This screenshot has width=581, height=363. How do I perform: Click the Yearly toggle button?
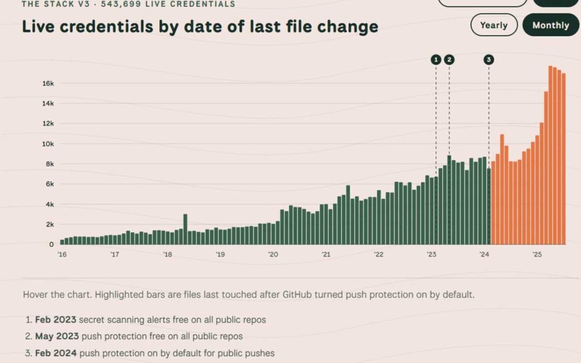point(494,25)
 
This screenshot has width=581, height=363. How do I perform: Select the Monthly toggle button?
point(550,25)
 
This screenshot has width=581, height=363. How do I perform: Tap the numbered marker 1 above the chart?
point(436,60)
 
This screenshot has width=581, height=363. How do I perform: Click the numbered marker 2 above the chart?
point(449,60)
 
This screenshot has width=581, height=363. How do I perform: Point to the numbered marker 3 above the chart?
point(489,60)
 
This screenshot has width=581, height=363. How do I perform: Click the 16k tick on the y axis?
point(48,83)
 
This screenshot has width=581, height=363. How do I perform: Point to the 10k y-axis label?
point(48,144)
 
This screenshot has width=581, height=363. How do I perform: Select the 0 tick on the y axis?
point(51,244)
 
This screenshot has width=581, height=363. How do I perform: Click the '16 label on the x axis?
point(62,255)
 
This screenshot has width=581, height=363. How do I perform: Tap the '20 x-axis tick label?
point(273,255)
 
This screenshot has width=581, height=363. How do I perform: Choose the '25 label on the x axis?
point(537,255)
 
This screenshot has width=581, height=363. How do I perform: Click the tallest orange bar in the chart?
point(550,155)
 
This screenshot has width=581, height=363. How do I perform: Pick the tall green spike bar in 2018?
point(185,229)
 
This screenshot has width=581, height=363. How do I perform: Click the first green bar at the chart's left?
point(62,242)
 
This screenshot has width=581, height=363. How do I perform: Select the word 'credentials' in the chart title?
point(107,27)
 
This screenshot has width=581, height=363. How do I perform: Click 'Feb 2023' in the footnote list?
point(56,320)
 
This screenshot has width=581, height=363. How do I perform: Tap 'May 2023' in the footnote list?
point(57,336)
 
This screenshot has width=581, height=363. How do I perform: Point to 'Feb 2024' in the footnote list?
point(56,353)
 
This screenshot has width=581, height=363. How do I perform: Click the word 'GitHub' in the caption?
point(297,295)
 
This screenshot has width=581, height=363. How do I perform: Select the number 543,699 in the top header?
point(121,4)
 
